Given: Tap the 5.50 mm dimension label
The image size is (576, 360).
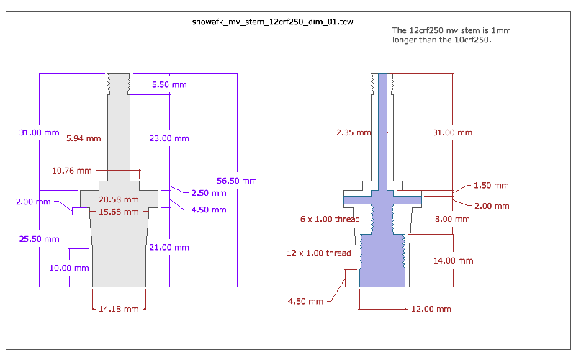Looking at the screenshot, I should point(169,85).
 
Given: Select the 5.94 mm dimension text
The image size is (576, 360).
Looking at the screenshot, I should point(84,138).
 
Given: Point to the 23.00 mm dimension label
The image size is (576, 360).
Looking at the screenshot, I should point(171,138).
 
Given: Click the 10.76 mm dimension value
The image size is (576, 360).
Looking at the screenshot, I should point(72,171).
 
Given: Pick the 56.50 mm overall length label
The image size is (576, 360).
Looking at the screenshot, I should point(237,181).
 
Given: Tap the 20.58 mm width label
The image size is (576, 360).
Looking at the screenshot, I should point(119,199).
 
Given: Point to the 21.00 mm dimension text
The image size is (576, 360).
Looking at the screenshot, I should point(171,247).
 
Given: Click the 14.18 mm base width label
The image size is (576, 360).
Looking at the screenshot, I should point(119,309).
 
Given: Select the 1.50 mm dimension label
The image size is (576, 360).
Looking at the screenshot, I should point(491,185).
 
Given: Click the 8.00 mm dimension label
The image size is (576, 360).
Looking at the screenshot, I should point(453,219).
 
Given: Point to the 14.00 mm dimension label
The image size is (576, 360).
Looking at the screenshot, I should point(455,261).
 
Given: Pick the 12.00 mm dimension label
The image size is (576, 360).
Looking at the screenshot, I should point(431,309).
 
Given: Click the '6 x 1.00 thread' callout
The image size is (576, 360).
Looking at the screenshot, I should point(330,219).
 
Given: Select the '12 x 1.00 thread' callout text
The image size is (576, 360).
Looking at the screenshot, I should point(319,253).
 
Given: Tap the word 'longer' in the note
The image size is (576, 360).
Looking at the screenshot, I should point(405,40).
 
